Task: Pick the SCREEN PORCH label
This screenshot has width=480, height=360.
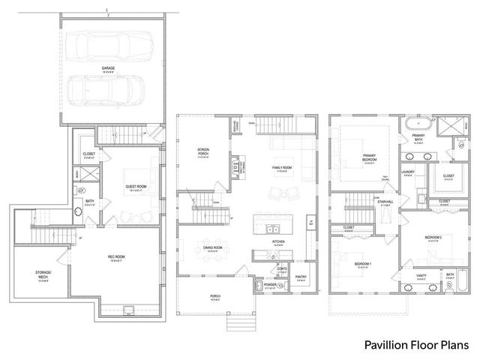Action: click(202, 151)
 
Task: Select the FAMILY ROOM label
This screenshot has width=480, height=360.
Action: click(280, 169)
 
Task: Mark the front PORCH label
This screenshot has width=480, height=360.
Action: click(215, 295)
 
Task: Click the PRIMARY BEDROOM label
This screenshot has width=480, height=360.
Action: click(363, 155)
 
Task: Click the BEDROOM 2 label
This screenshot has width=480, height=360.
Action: click(433, 238)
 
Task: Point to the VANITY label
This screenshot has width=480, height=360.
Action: click(422, 276)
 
